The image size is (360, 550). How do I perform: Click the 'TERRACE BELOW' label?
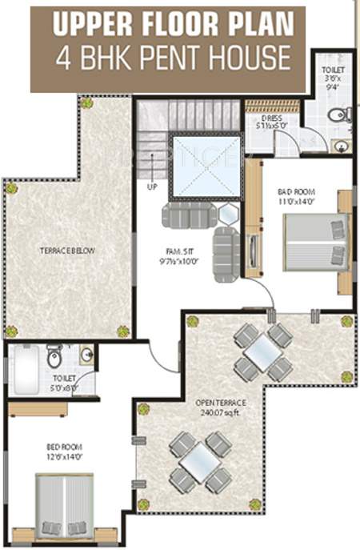click(x=68, y=251)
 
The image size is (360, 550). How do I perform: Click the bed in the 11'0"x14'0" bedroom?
click(x=317, y=241)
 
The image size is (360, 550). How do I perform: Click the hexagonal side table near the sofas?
click(x=229, y=215)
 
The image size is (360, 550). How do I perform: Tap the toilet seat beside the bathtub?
click(x=54, y=355)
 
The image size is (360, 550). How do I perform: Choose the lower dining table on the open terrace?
click(x=200, y=461)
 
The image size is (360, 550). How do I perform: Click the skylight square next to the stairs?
click(x=206, y=166)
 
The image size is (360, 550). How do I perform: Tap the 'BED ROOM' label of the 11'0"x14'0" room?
click(x=297, y=192)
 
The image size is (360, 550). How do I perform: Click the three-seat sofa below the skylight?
click(x=189, y=215)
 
